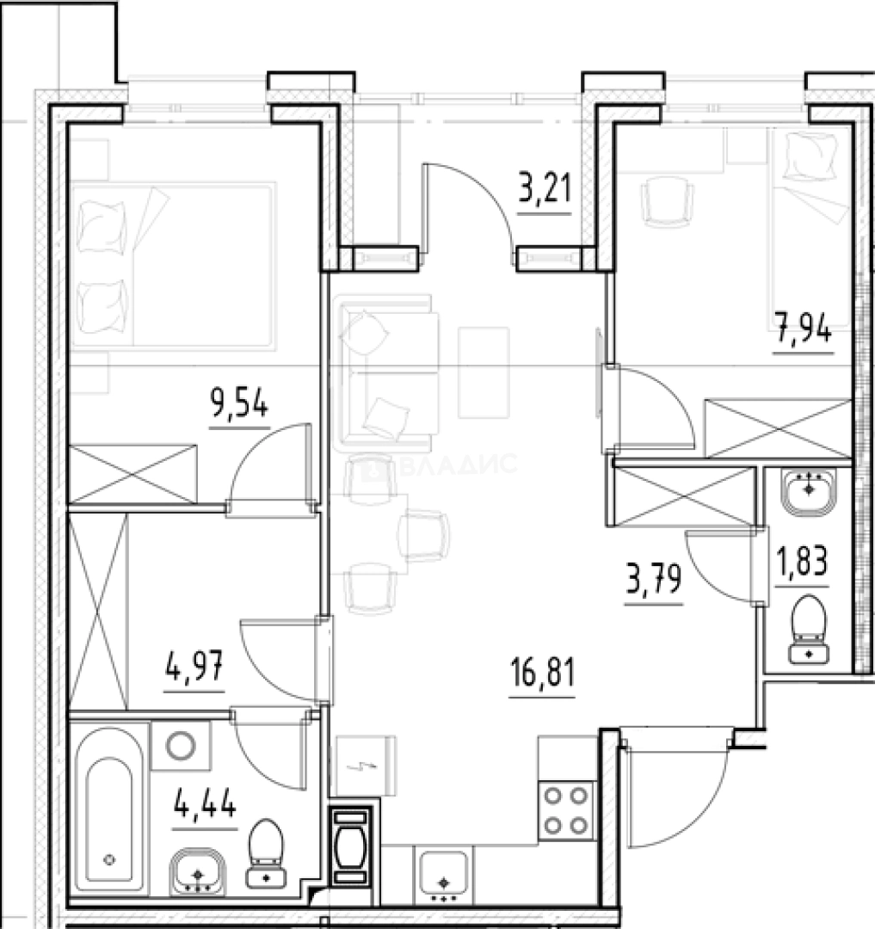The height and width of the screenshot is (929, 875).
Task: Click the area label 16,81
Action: pyautogui.click(x=542, y=674)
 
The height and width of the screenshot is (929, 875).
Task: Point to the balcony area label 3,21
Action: pyautogui.click(x=545, y=189)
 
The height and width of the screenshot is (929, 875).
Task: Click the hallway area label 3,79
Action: pyautogui.click(x=654, y=580)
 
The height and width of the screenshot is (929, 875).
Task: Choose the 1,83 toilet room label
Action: pyautogui.click(x=802, y=562)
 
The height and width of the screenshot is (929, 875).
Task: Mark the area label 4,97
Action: pyautogui.click(x=194, y=667)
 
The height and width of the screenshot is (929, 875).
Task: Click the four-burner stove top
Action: pyautogui.click(x=566, y=809)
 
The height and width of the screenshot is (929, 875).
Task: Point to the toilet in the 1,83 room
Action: pyautogui.click(x=809, y=629)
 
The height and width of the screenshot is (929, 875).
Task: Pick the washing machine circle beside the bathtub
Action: pyautogui.click(x=181, y=746)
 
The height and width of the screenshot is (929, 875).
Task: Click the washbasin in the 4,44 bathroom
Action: pyautogui.click(x=198, y=871)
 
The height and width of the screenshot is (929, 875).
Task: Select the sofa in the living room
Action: pyautogui.click(x=385, y=373)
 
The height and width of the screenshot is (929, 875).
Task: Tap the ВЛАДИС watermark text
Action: pyautogui.click(x=441, y=464)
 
